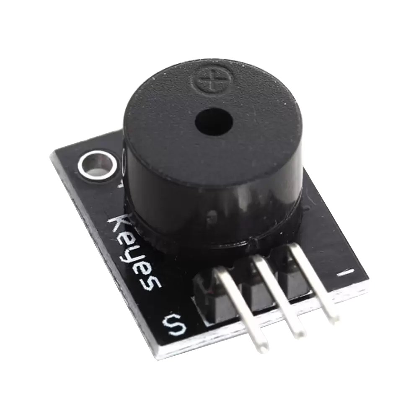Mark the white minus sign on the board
click(x=346, y=273)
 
